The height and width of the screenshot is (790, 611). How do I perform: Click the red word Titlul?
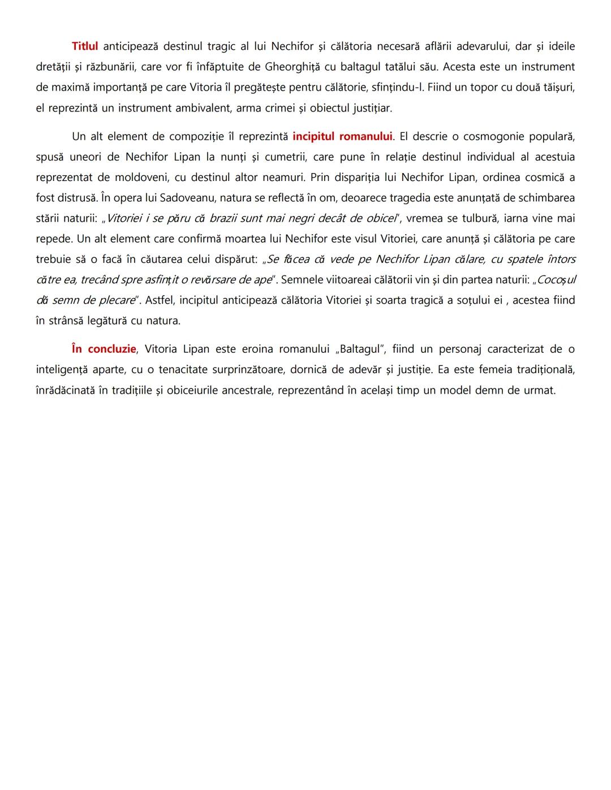click(x=85, y=46)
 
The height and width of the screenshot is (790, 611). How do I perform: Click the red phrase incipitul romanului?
click(x=342, y=136)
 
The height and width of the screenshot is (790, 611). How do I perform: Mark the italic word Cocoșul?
click(x=555, y=279)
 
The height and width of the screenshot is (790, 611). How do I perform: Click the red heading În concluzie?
click(x=104, y=349)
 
